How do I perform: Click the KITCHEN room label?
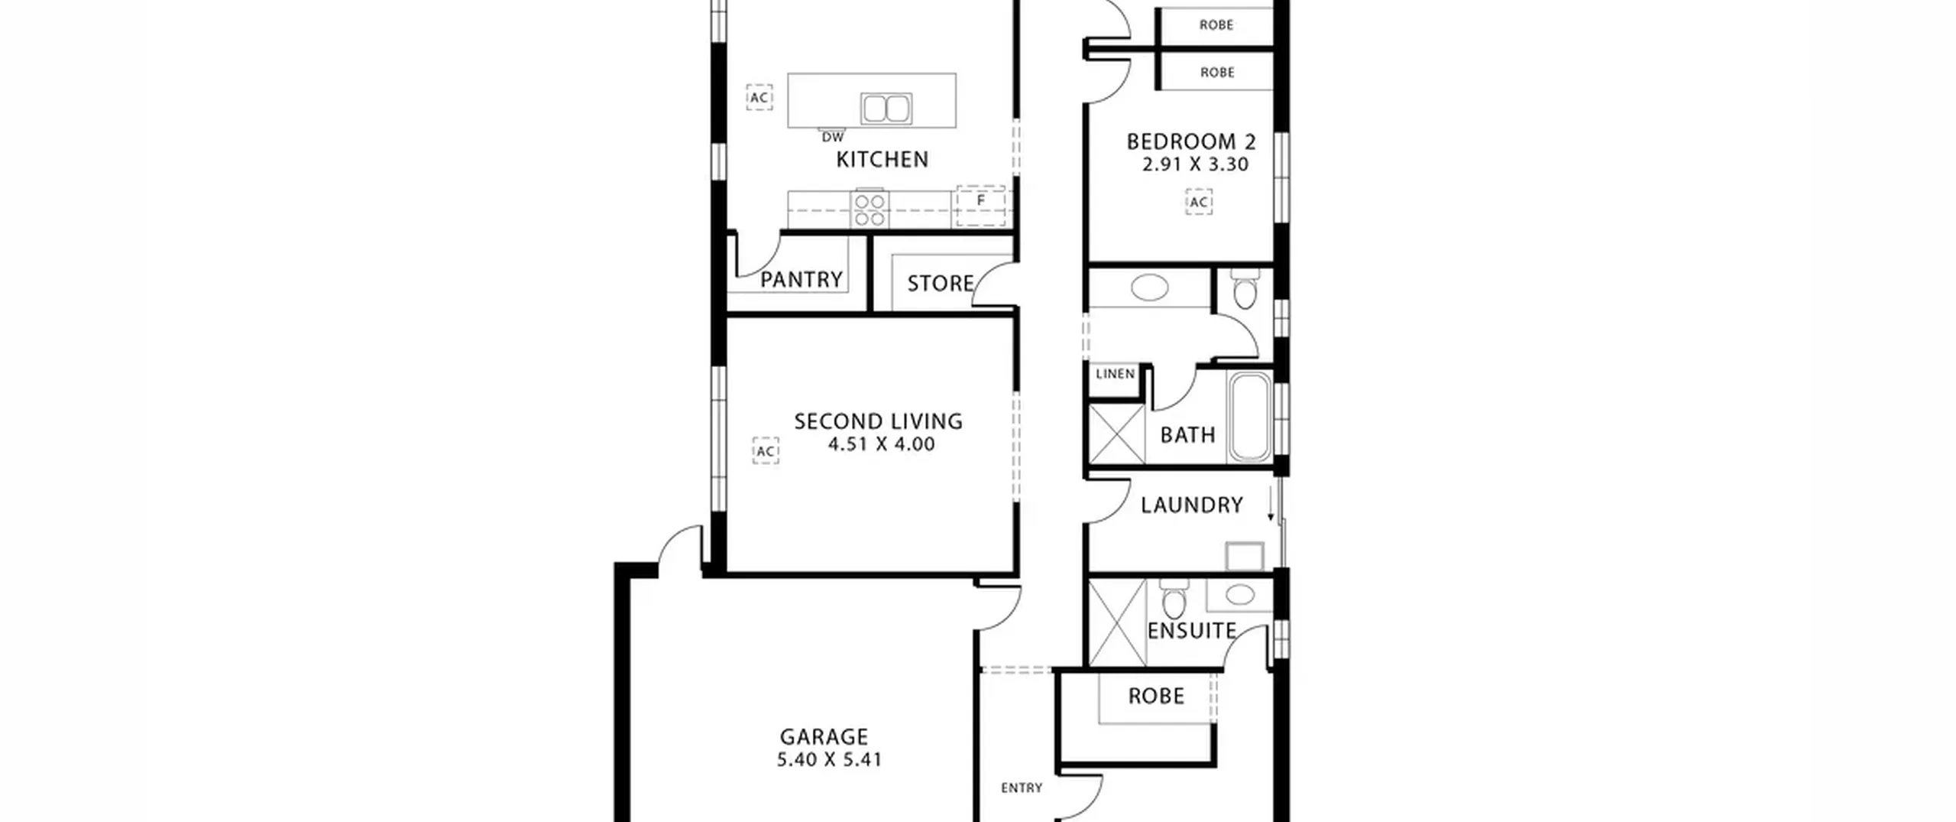tap(882, 159)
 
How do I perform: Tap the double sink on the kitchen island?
tap(886, 109)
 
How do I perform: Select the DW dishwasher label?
tap(833, 138)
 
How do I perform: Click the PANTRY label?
tap(802, 280)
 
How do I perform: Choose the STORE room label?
tap(941, 284)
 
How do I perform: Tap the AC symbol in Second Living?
tap(766, 451)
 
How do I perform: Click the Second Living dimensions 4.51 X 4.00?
tap(881, 444)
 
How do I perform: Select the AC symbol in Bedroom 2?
tap(1199, 202)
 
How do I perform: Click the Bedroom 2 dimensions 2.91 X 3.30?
tap(1195, 164)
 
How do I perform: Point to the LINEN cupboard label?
tap(1116, 374)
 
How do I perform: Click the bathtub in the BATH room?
tap(1249, 417)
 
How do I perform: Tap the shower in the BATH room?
tap(1116, 434)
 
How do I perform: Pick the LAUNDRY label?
tap(1192, 505)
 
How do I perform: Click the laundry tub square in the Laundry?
tap(1245, 557)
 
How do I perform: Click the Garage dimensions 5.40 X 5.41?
tap(829, 759)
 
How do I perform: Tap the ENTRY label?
tap(1022, 788)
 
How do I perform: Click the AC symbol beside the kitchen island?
tap(759, 97)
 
